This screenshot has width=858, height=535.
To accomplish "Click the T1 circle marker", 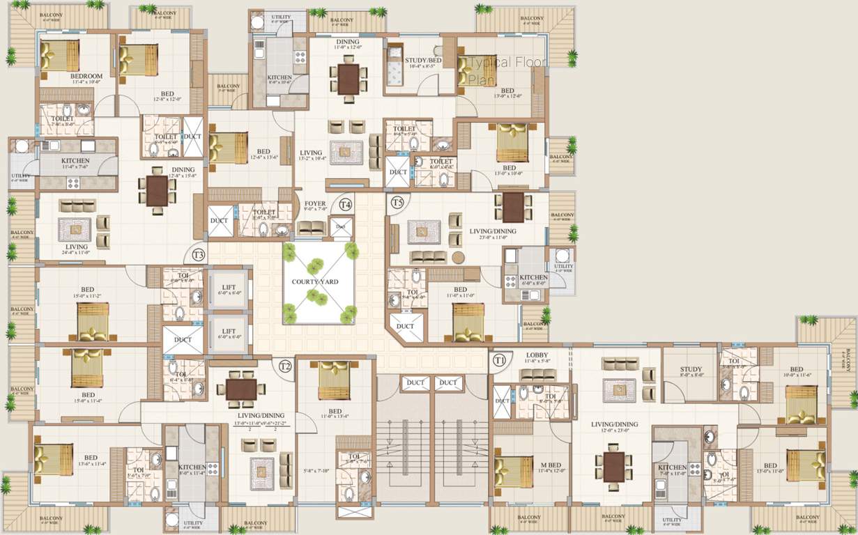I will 499,360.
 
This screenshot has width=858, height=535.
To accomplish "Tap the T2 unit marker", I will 284,366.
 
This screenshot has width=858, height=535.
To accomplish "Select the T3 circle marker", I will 199,255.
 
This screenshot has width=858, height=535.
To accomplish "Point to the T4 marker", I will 345,205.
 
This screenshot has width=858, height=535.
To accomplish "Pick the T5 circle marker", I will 397,203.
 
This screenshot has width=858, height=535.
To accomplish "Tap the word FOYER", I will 315,204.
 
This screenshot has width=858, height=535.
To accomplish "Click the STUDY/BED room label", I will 423,61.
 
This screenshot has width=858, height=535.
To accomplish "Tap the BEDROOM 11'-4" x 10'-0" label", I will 86,76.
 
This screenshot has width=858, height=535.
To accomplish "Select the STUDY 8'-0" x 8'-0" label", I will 690,370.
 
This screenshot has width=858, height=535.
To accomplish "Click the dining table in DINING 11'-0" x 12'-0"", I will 347,78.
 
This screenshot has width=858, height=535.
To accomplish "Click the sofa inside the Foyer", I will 311,227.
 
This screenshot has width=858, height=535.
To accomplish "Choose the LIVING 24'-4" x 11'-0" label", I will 76,247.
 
